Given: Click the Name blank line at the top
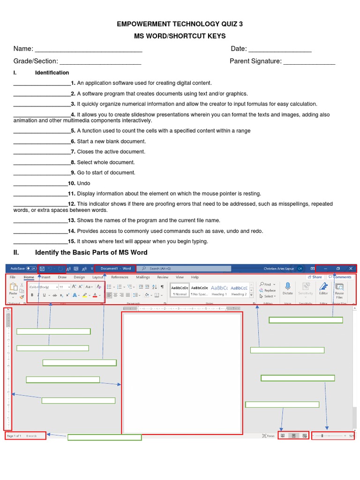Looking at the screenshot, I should (x=89, y=51).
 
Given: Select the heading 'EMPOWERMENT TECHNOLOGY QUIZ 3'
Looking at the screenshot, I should (x=180, y=24).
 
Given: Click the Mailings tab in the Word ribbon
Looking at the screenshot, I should (x=143, y=277).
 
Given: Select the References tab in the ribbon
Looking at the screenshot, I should (x=120, y=277).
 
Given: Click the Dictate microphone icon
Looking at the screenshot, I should (x=287, y=286).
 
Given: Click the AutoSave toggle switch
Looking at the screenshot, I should (x=31, y=269).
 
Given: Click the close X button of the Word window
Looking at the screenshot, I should (x=351, y=269).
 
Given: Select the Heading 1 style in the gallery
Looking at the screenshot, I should (x=219, y=290).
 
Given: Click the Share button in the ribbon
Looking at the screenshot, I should (x=315, y=277).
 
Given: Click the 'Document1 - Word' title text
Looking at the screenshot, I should (x=115, y=269).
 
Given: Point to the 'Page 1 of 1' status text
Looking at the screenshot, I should (x=14, y=436).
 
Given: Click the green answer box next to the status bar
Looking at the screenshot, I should (x=105, y=437).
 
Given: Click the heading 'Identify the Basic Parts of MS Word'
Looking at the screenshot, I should (x=91, y=253).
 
